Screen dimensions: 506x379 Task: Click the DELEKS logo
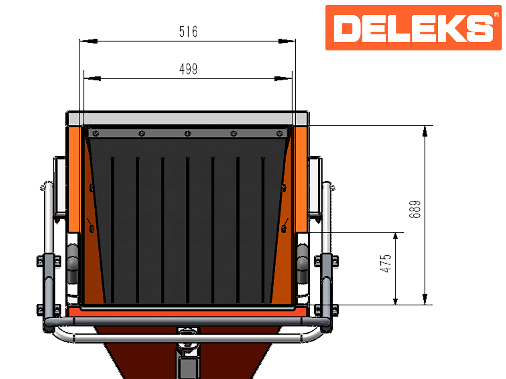pos(413,28)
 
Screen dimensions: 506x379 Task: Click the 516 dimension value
pos(188,32)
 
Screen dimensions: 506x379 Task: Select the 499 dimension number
pos(188,69)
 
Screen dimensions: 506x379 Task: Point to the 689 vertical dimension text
pos(415,209)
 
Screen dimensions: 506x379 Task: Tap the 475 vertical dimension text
pos(386,263)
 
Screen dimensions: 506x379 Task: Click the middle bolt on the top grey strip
pos(188,133)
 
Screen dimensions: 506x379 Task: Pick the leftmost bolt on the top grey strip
pos(96,133)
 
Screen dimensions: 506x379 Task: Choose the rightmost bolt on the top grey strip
pos(279,133)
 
